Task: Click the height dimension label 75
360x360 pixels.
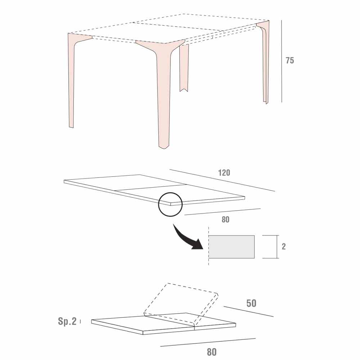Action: click(290, 60)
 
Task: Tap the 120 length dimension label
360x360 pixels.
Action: click(224, 173)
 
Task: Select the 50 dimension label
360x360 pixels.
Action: click(251, 303)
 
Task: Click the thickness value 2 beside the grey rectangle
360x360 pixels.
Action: click(284, 247)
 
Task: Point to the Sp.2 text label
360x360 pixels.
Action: click(67, 321)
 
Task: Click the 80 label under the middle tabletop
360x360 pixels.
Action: click(225, 220)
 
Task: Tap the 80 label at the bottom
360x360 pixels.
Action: click(212, 352)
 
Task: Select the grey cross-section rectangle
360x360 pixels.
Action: click(231, 247)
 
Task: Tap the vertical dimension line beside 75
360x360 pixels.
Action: click(282, 61)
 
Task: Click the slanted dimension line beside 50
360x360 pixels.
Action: click(249, 311)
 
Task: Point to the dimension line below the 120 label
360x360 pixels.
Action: click(222, 180)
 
